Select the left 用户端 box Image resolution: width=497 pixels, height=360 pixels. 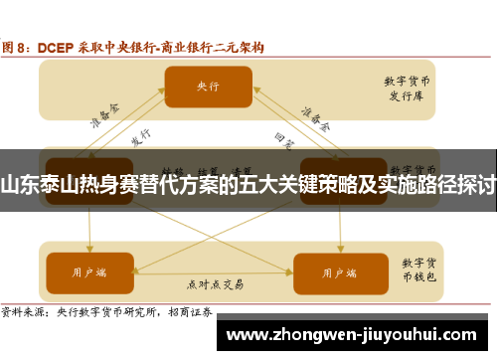(88, 270)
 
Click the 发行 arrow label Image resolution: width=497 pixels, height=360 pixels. (140, 137)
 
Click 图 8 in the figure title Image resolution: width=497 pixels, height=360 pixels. (19, 46)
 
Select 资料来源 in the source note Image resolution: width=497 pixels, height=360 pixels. (24, 310)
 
